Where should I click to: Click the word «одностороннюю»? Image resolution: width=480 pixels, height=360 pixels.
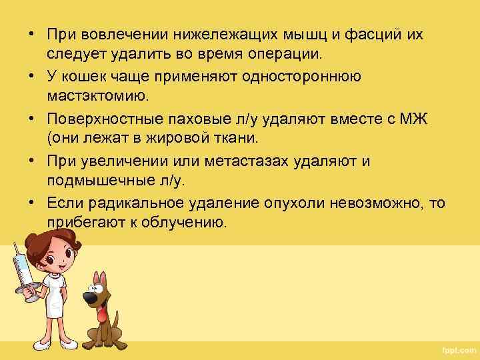pyautogui.click(x=302, y=76)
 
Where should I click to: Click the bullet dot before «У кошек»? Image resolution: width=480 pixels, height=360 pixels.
pyautogui.click(x=31, y=77)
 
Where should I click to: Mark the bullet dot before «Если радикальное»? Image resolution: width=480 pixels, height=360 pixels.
pyautogui.click(x=31, y=204)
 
